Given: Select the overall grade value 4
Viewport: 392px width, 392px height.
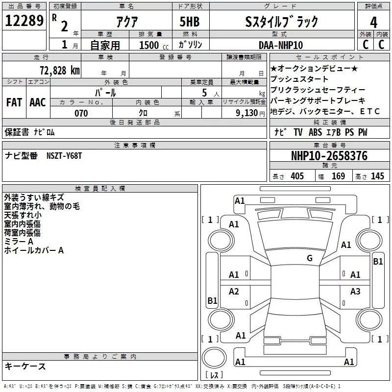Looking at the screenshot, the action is click(373, 23).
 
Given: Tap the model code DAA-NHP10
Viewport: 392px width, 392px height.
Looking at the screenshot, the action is click(281, 45).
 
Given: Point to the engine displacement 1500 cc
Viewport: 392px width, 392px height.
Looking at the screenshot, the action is click(150, 45).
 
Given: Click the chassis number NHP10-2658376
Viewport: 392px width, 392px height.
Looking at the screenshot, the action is click(329, 156).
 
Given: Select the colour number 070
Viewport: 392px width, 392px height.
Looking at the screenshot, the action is click(81, 113).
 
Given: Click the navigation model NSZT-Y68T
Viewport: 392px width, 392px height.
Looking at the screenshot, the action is click(65, 156).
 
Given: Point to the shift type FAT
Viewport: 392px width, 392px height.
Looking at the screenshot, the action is click(14, 102).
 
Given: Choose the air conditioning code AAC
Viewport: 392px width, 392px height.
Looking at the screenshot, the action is click(37, 102).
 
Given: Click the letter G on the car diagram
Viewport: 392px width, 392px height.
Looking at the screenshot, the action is click(309, 258).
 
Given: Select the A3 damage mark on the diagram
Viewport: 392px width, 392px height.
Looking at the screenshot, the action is click(355, 292).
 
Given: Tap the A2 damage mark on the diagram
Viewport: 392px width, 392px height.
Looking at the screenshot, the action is click(234, 292).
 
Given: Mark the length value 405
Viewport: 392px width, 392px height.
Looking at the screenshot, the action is click(297, 176).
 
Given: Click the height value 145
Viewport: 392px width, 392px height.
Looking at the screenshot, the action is click(377, 176).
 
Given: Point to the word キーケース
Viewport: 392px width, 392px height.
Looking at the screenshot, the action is click(25, 366).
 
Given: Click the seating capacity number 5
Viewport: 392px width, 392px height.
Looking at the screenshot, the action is click(204, 92).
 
